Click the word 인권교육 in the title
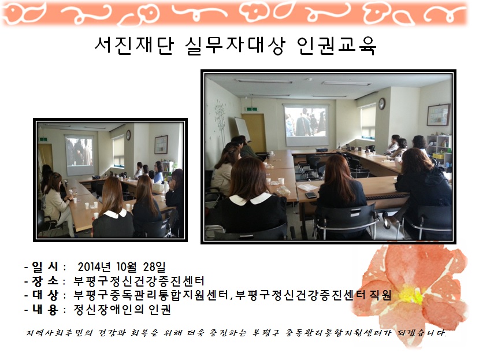pos(336,46)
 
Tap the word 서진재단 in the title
pos(135,46)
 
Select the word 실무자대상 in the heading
pos(235,46)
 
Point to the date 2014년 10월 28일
pos(121,267)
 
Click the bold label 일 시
pos(45,267)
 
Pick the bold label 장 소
pos(45,281)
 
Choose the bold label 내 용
pos(45,310)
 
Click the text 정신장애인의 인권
pos(122,310)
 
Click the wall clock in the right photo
pos(381,104)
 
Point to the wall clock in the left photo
pos(128,135)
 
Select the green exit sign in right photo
pos(251,109)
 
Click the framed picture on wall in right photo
pos(439,115)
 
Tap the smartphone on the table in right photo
pos(311,195)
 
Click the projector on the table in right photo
pos(321,150)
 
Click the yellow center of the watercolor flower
pos(411,295)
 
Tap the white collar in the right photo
pos(250,199)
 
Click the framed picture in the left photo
pos(161,144)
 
